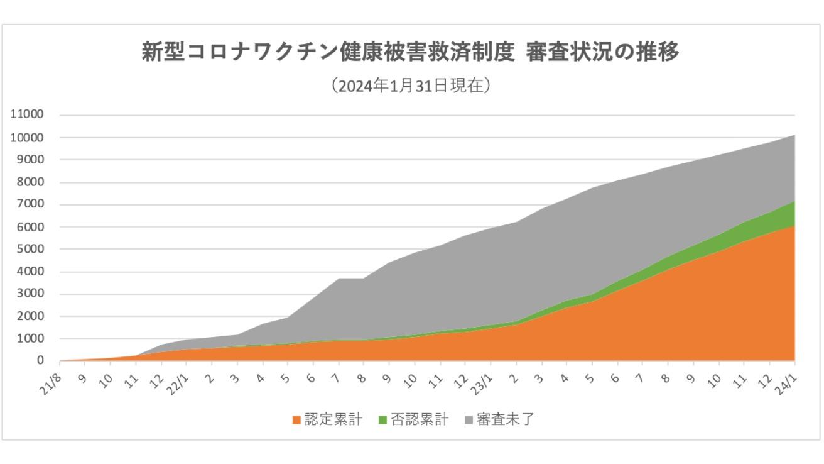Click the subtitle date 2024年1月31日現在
click(x=411, y=86)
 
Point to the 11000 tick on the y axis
click(x=26, y=115)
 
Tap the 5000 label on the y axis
click(x=30, y=250)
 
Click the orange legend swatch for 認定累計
click(x=296, y=420)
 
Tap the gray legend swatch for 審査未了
click(x=469, y=420)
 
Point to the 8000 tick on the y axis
click(x=30, y=182)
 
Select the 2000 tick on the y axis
click(x=30, y=316)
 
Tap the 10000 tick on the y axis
click(x=26, y=138)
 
